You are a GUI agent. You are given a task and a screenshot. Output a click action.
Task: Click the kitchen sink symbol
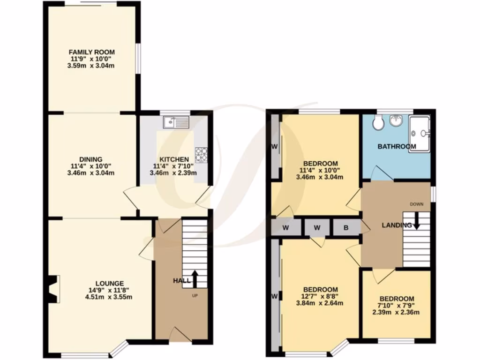tap(175, 123)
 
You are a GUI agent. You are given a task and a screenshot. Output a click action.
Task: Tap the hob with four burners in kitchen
tap(202, 155)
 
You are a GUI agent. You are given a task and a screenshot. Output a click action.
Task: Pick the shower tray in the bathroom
tap(419, 134)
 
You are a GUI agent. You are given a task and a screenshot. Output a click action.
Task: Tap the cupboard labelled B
tap(346, 228)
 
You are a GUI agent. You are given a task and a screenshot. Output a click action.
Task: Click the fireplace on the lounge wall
tap(53, 289)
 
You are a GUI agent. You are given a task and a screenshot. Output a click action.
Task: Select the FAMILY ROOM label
tap(92, 52)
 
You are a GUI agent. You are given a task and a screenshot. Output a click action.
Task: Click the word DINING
tap(91, 159)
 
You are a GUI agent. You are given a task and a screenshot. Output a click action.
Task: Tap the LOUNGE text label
tap(110, 283)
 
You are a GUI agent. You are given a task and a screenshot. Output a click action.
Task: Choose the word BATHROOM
tap(397, 147)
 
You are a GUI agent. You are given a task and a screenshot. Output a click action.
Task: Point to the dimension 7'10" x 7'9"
tap(397, 306)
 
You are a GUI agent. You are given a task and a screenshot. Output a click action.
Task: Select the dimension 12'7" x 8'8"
tap(320, 296)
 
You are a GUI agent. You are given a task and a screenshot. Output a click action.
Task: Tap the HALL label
tap(182, 281)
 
